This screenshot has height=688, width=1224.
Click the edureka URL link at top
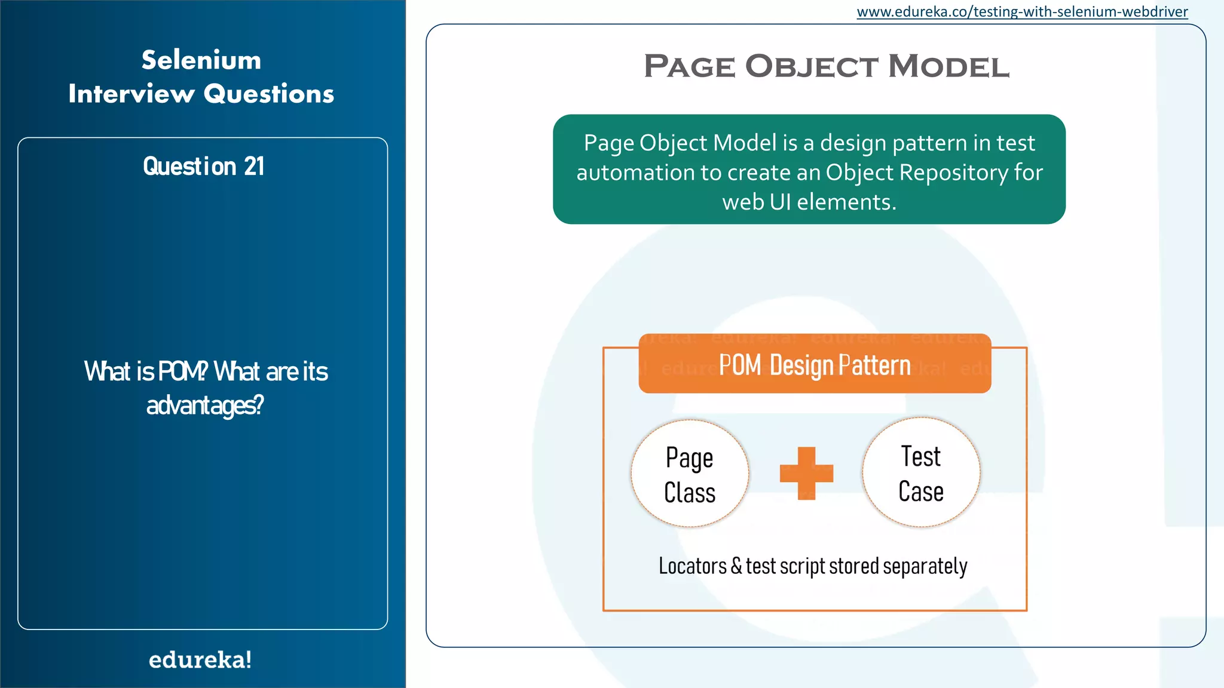click(x=1022, y=12)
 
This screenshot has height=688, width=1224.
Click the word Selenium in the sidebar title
click(x=201, y=60)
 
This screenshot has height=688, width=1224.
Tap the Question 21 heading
click(x=203, y=166)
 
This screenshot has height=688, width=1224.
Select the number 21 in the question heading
click(x=254, y=166)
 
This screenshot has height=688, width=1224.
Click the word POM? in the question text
click(x=183, y=371)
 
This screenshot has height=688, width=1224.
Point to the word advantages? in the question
click(x=205, y=406)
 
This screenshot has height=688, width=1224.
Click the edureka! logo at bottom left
click(x=200, y=660)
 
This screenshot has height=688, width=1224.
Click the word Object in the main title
click(x=812, y=66)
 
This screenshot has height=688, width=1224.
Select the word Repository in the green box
click(x=954, y=173)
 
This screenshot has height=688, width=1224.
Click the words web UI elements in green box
click(x=809, y=202)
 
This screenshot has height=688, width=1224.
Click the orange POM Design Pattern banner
click(x=815, y=364)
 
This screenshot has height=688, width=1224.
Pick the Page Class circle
click(x=690, y=474)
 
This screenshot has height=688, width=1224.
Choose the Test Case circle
click(x=921, y=472)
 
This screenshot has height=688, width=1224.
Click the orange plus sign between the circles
click(x=806, y=473)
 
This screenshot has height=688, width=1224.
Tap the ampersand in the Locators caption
click(x=736, y=565)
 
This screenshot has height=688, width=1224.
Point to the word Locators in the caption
click(x=692, y=566)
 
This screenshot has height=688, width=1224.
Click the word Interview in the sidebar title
click(x=131, y=94)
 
